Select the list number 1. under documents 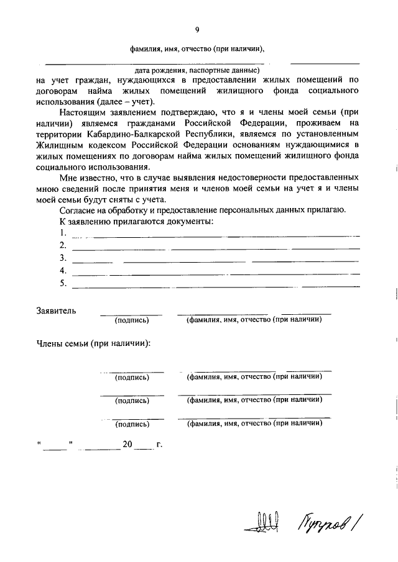tap(63, 232)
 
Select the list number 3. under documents tap(63, 258)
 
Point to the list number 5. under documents tap(63, 283)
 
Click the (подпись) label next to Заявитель tap(132, 320)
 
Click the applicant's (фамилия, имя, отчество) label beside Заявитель tap(254, 320)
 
